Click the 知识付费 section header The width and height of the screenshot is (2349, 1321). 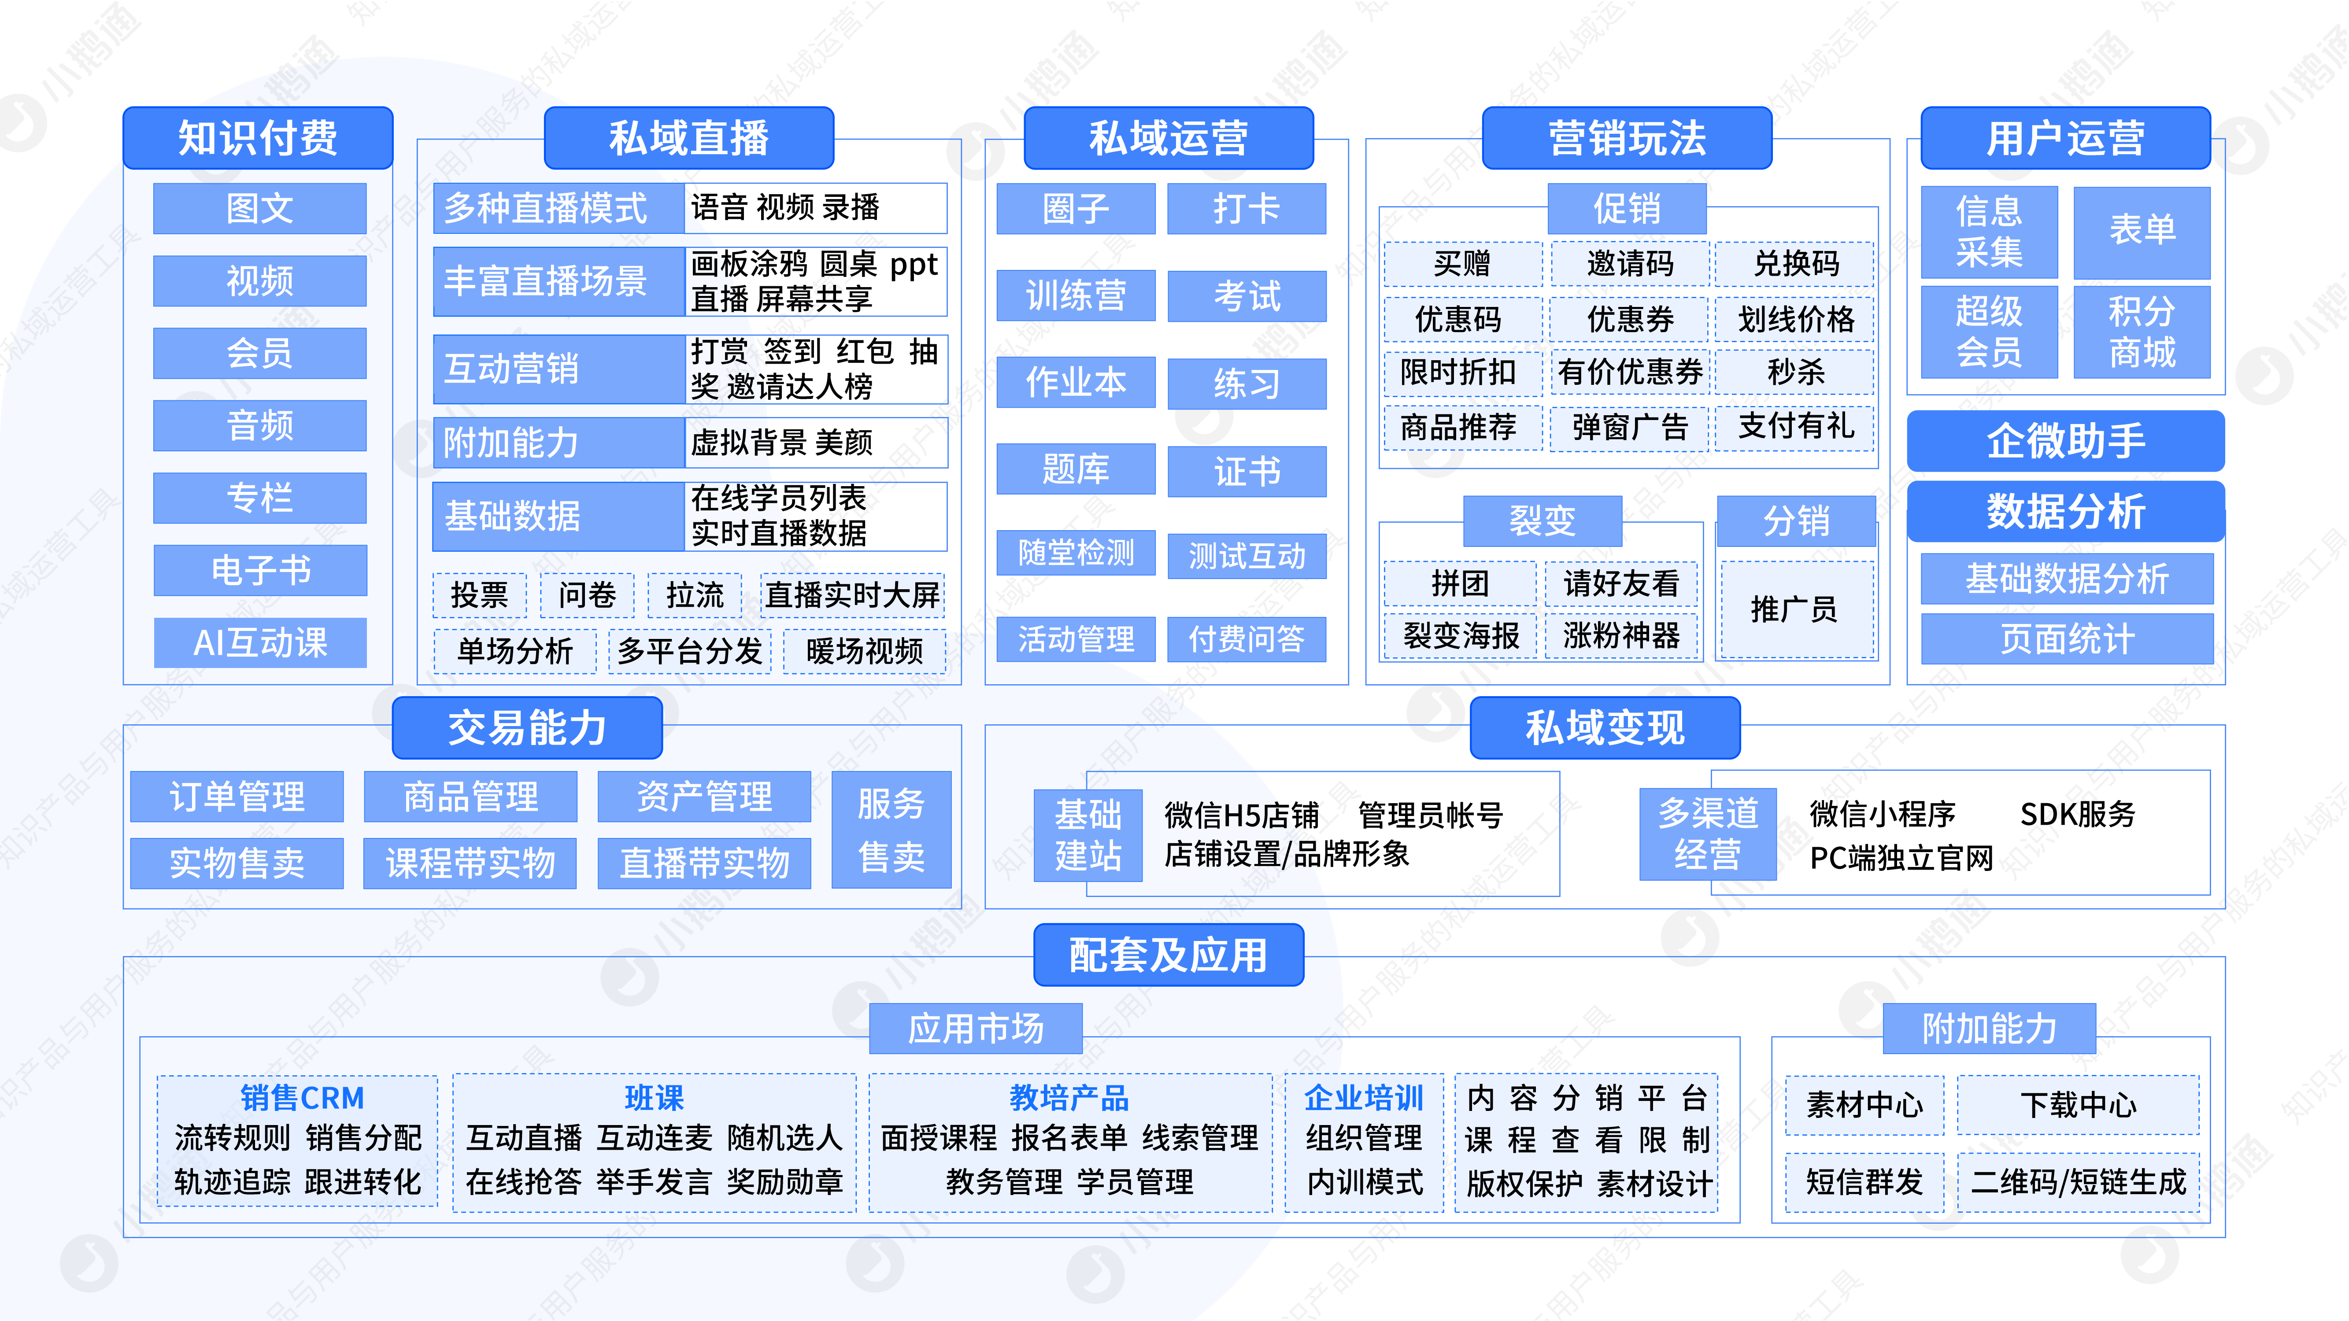coord(258,138)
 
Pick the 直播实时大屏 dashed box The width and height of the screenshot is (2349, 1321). coord(852,595)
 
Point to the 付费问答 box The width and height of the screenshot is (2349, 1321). coord(1247,639)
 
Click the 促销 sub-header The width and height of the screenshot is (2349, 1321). coord(1627,209)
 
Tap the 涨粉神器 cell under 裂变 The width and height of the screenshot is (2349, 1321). coord(1620,635)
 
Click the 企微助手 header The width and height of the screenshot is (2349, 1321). coord(2065,441)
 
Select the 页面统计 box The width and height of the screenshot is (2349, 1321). coord(2066,639)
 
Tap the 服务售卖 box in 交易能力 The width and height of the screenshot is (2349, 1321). coord(891,830)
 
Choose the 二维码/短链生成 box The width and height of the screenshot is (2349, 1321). coord(2078,1182)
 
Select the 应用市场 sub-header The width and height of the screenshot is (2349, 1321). coord(975,1028)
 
